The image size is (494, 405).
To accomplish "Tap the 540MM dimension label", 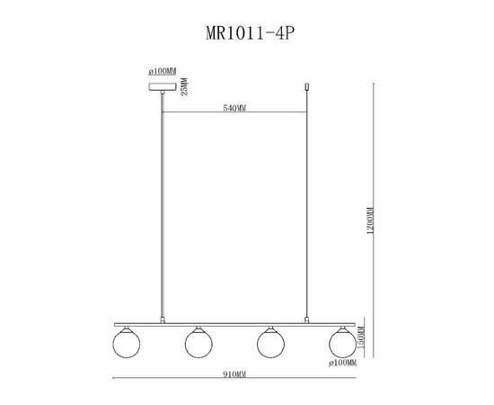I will click(233, 109).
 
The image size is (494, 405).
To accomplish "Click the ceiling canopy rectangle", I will click(162, 87).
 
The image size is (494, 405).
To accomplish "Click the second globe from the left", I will click(198, 343).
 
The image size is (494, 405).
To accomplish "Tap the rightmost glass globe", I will click(340, 343).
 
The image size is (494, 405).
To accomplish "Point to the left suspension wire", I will click(162, 207).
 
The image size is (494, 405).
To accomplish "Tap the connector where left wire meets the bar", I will click(162, 319).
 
